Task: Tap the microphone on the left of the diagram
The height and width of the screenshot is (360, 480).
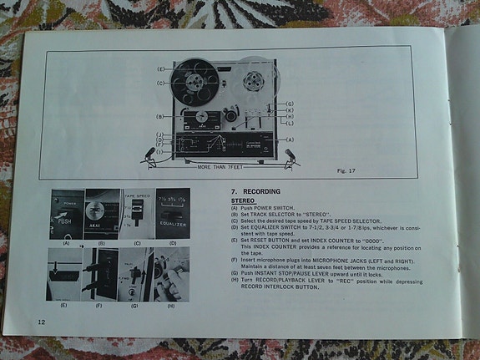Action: [x=149, y=154]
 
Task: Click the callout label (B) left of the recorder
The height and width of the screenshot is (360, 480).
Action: [x=159, y=116]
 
